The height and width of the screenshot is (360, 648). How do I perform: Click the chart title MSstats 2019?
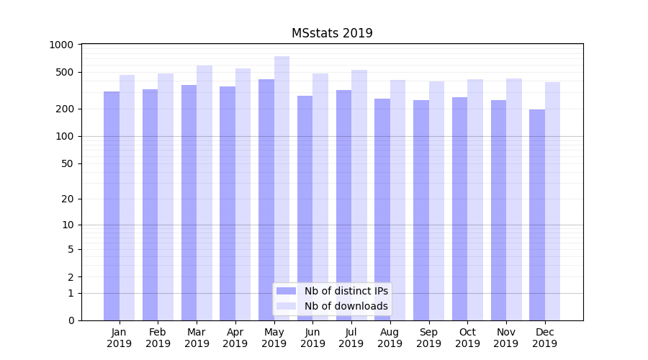point(332,33)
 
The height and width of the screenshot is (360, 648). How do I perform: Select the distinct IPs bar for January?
point(112,206)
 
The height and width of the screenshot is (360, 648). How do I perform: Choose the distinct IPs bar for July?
point(343,205)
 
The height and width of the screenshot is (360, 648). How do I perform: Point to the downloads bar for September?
point(436,201)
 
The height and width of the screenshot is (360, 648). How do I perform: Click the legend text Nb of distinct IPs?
point(346,291)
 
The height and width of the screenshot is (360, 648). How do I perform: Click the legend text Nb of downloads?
point(346,306)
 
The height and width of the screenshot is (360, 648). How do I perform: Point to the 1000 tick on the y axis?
point(62,45)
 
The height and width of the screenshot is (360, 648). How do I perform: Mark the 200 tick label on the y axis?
point(65,109)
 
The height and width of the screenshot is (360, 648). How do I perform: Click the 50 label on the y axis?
point(68,163)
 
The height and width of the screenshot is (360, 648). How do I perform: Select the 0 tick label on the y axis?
point(71,320)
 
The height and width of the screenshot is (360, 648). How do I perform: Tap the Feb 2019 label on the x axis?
point(158,338)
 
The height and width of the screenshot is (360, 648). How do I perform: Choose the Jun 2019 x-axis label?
point(312,338)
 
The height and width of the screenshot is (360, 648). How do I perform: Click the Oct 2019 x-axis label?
point(467,338)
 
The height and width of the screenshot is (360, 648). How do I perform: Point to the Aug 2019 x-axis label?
point(390,338)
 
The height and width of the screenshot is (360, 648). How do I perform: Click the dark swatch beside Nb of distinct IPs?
point(286,291)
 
